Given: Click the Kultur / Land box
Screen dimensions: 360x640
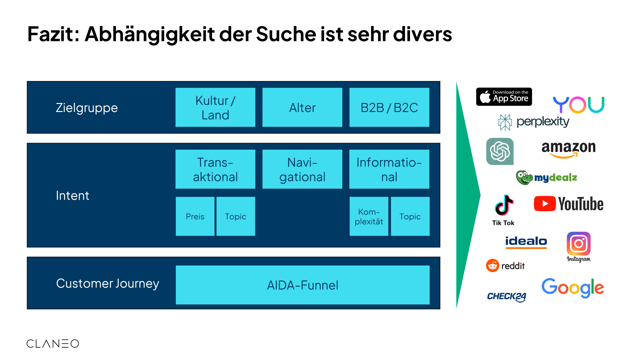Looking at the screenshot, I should tap(215, 107).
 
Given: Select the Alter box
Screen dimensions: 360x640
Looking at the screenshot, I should tap(302, 107).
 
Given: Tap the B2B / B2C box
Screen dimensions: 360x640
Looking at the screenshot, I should tap(389, 107).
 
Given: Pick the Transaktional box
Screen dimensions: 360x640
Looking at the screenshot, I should tap(215, 169).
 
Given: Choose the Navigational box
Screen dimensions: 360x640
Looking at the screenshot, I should tap(302, 169).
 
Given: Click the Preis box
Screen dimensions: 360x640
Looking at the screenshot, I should tap(195, 216).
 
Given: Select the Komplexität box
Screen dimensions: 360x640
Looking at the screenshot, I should tap(369, 216).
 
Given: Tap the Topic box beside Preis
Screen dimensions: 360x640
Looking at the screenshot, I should tap(236, 216).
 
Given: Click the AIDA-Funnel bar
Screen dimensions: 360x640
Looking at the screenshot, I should tap(302, 285).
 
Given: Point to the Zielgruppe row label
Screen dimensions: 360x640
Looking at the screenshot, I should tap(87, 108).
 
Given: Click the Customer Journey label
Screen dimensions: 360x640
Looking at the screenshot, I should tap(107, 283).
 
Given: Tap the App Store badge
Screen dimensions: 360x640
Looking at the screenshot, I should tap(504, 97).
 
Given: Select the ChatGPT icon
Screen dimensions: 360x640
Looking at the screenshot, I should tap(500, 151).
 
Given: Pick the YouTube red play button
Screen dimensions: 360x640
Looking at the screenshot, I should tap(545, 204).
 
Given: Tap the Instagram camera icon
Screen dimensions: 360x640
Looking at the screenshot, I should tap(579, 244).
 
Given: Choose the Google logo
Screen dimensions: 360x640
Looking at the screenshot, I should tap(572, 287).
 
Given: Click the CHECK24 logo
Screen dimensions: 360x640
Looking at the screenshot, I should tap(506, 296).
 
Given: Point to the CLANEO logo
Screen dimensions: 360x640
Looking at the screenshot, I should tap(53, 344).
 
